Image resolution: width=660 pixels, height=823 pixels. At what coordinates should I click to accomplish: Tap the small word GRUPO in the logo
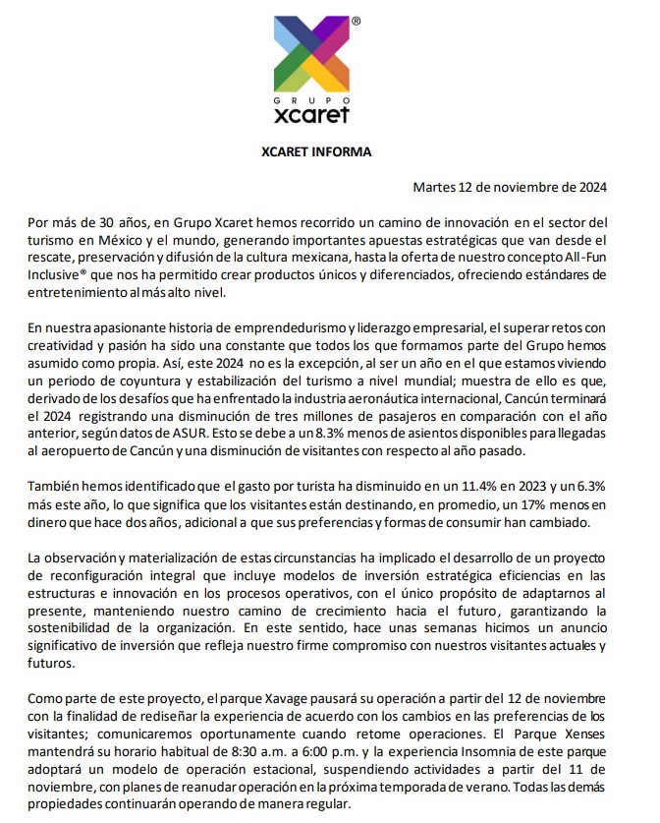308,101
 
